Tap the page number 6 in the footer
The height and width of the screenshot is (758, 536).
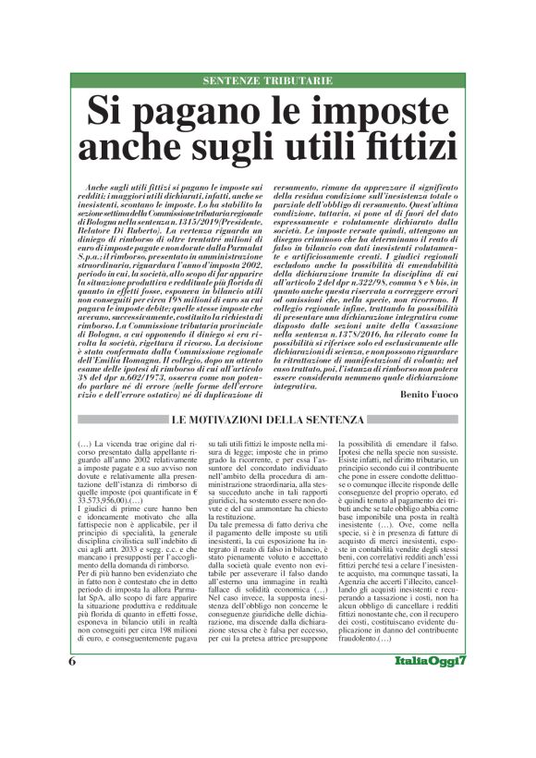[x=71, y=713]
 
